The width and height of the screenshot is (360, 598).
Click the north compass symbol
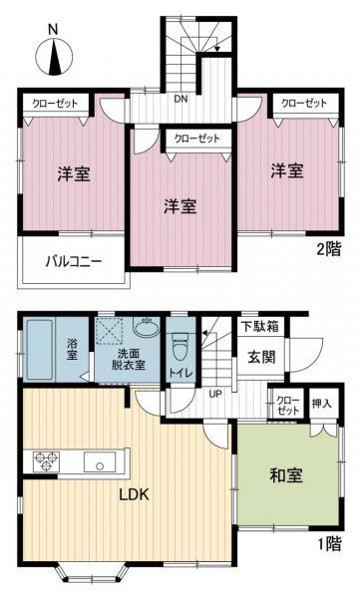tap(51, 54)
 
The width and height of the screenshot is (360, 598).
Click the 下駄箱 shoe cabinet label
tap(259, 325)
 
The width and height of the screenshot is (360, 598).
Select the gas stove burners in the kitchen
tap(47, 461)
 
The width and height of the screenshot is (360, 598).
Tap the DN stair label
tap(180, 99)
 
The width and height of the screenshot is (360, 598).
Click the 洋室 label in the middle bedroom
tap(180, 207)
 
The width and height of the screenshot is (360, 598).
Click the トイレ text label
tap(180, 373)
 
